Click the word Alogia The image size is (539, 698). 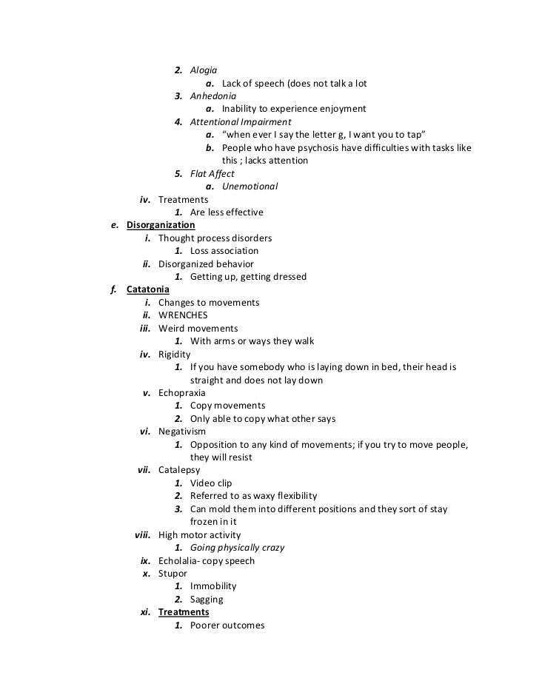(x=204, y=70)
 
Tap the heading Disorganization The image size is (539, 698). (x=161, y=225)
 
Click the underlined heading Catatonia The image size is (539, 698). (x=148, y=289)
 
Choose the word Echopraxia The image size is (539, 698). (x=182, y=392)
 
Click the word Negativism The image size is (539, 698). (x=182, y=432)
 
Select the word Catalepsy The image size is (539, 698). (x=179, y=470)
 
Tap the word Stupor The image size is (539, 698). (x=173, y=574)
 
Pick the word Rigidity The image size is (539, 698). (x=174, y=355)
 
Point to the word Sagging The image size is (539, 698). (x=207, y=600)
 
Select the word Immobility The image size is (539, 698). (x=213, y=586)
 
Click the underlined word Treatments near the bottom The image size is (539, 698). (x=184, y=613)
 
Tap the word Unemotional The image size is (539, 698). (x=250, y=186)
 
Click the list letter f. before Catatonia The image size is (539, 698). (x=114, y=289)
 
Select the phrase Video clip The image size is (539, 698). (x=211, y=483)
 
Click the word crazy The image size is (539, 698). (x=270, y=548)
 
